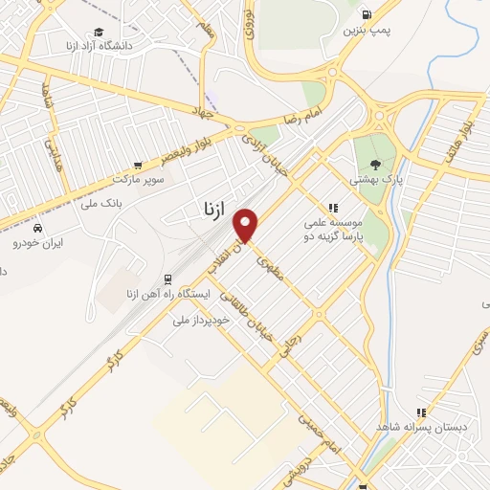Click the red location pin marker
pyautogui.click(x=247, y=226)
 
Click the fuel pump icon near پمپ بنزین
pyautogui.click(x=367, y=14)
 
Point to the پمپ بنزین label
pyautogui.click(x=367, y=31)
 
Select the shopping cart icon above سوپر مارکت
pyautogui.click(x=140, y=165)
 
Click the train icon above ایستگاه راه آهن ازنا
pyautogui.click(x=168, y=278)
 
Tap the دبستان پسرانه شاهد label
pyautogui.click(x=421, y=426)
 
